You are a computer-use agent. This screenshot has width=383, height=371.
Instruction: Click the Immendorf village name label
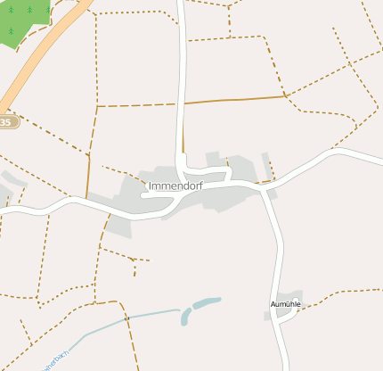[175, 185]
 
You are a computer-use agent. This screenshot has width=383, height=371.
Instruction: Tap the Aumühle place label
[286, 304]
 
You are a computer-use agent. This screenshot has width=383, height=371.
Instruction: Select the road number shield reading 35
[7, 121]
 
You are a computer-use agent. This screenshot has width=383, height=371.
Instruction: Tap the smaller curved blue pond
[185, 317]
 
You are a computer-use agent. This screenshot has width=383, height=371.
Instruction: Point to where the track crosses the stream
[127, 317]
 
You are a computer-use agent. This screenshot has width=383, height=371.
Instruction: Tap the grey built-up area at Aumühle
[289, 300]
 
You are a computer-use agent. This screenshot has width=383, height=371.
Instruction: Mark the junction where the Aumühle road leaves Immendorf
[265, 188]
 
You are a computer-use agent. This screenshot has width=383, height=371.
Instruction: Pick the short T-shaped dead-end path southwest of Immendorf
[134, 260]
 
